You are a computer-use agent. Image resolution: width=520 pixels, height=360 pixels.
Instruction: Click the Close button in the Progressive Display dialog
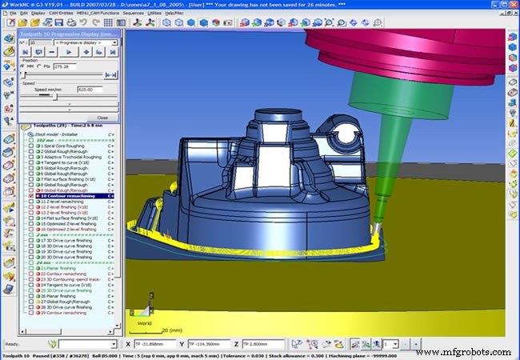[x=102, y=118]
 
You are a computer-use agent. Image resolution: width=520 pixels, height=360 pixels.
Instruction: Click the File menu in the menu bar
[x=11, y=13]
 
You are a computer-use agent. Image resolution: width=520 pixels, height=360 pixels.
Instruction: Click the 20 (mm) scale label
[x=170, y=329]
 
